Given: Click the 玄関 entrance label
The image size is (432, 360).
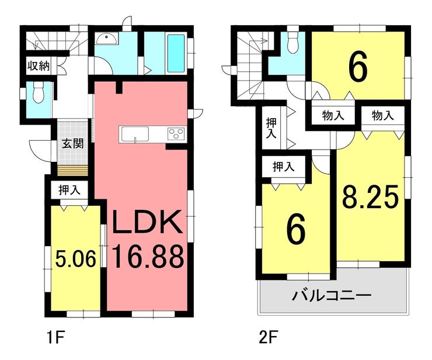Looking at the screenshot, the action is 72,144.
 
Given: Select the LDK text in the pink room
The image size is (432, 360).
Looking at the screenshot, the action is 147,222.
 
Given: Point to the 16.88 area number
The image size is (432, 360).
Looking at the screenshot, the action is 148,257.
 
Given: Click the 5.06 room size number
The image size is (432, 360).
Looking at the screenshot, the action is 76,259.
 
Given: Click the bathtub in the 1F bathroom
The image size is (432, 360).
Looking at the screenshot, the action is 176,54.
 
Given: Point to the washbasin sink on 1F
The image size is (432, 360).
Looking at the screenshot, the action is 107,39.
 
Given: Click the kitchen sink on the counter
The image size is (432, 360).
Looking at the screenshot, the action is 135,134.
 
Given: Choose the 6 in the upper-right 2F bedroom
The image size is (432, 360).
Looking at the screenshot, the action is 358,67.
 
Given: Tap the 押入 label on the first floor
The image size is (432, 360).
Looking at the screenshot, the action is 69,190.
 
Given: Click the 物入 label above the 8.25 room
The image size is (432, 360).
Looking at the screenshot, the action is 383,115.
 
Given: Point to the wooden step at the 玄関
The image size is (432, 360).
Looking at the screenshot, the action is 72,171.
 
